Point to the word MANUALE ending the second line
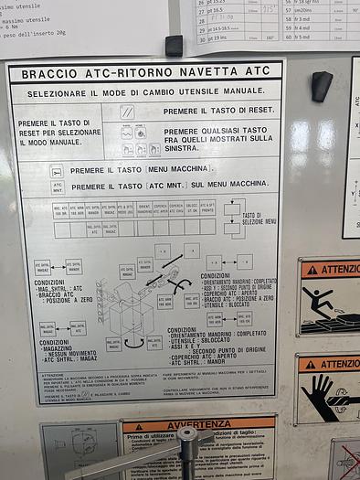[235, 91]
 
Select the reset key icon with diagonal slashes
[127, 111]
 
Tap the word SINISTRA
[184, 147]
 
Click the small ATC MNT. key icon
[57, 186]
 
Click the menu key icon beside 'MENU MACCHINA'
[57, 170]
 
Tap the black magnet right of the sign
[321, 86]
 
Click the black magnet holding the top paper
[174, 45]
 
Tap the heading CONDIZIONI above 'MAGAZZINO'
[54, 343]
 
